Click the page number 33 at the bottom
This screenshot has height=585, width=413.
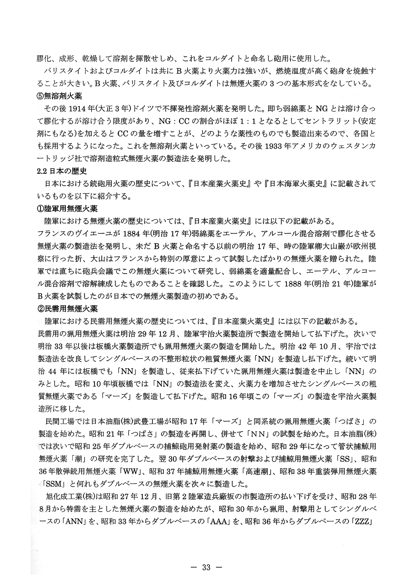(x=206, y=567)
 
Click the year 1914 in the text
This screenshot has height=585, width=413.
(x=69, y=109)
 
